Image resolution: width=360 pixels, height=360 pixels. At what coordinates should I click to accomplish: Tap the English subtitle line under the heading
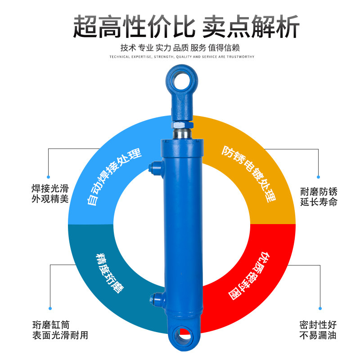pyautogui.click(x=182, y=57)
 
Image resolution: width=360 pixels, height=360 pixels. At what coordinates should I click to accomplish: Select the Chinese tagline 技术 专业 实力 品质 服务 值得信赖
pyautogui.click(x=180, y=48)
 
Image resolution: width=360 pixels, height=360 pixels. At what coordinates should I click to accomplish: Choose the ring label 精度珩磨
pyautogui.click(x=110, y=273)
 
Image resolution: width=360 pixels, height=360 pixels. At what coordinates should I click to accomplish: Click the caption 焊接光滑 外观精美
pyautogui.click(x=50, y=194)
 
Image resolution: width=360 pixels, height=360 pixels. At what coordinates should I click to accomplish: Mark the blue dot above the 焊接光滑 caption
pyautogui.click(x=50, y=177)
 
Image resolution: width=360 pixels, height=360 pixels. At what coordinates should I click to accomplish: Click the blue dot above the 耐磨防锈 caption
pyautogui.click(x=318, y=177)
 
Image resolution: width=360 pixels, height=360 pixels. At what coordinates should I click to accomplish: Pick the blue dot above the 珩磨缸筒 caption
pyautogui.click(x=50, y=309)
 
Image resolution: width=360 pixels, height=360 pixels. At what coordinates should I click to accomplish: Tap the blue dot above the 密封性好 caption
pyautogui.click(x=320, y=309)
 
